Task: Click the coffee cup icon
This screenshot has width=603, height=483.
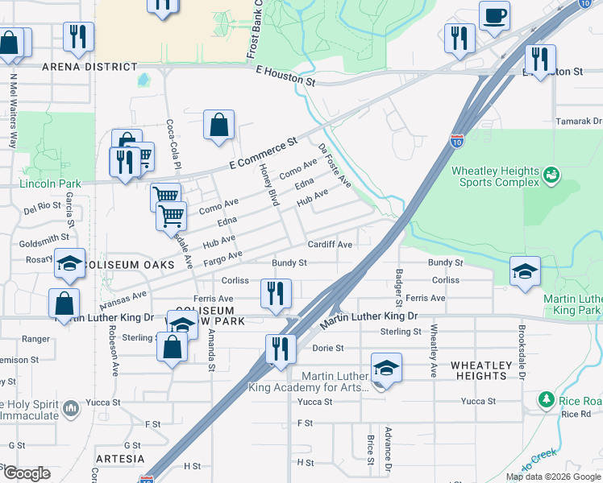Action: pyautogui.click(x=494, y=14)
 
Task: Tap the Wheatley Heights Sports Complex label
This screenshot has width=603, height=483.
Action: pyautogui.click(x=495, y=176)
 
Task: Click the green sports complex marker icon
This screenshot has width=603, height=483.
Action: pyautogui.click(x=552, y=174)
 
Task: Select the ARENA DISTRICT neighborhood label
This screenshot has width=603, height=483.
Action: pyautogui.click(x=89, y=67)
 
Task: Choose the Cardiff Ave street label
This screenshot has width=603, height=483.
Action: pyautogui.click(x=330, y=245)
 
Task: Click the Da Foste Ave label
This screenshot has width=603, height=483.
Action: pyautogui.click(x=335, y=167)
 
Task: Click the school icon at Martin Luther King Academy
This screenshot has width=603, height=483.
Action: pyautogui.click(x=386, y=368)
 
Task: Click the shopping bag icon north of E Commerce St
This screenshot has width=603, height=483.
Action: pyautogui.click(x=218, y=125)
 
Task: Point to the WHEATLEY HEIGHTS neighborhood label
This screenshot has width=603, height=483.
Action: pyautogui.click(x=481, y=371)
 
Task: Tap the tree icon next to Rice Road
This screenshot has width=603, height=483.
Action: pyautogui.click(x=547, y=399)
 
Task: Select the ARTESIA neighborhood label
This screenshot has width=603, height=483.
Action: pyautogui.click(x=119, y=459)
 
